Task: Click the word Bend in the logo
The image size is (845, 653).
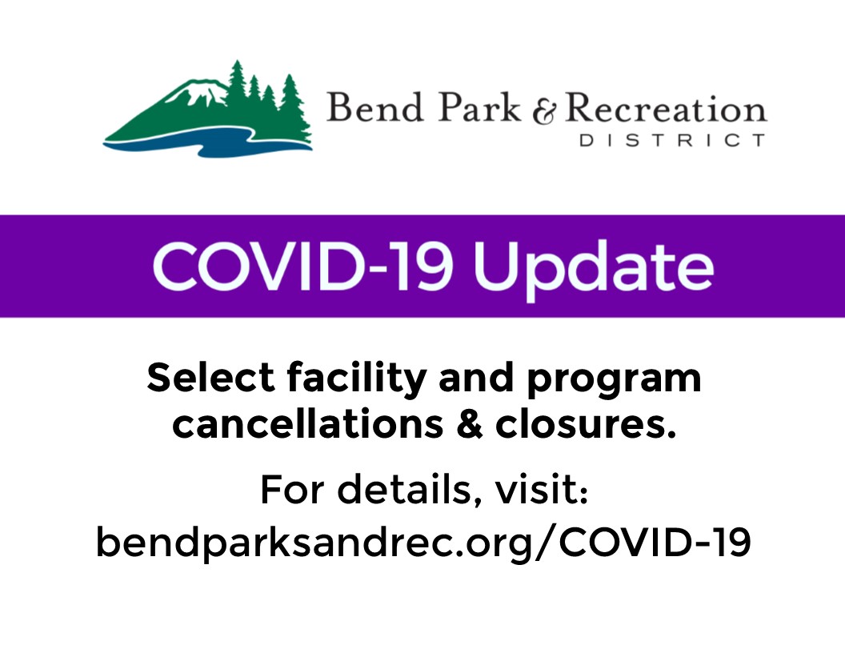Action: click(374, 107)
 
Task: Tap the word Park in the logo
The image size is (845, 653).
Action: click(479, 107)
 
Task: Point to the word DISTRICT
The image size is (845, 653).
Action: click(672, 141)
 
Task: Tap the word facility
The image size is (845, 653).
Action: click(357, 379)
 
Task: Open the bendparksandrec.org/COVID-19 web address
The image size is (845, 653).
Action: click(423, 542)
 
